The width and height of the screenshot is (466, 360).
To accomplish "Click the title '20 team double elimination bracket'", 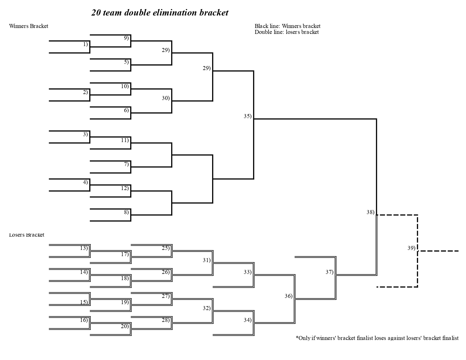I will click(x=160, y=13).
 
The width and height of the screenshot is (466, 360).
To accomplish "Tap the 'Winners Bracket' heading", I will click(x=29, y=26).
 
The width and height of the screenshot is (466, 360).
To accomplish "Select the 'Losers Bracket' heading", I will click(x=27, y=235).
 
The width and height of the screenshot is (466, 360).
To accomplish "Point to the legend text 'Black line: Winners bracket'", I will click(x=287, y=26).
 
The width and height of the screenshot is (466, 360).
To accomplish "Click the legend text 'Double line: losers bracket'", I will click(x=286, y=32).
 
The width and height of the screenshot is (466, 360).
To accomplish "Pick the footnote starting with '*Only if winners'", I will click(x=377, y=338).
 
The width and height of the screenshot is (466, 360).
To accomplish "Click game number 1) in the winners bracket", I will click(x=85, y=44).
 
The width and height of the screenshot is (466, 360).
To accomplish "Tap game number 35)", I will click(x=247, y=116).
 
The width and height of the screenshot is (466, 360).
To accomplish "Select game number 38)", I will click(x=370, y=212).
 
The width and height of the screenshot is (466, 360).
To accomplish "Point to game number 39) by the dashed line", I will click(x=411, y=248).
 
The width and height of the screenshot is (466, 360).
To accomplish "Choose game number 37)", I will click(x=329, y=272).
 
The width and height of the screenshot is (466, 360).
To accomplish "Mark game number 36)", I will click(x=288, y=296).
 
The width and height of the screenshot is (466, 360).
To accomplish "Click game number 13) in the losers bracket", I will click(x=84, y=248).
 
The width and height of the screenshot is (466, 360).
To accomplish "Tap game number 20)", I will click(x=125, y=326).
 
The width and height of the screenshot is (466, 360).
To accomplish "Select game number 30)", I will click(x=166, y=98).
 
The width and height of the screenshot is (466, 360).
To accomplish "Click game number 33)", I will click(x=247, y=272).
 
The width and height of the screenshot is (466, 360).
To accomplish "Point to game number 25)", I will click(x=166, y=248).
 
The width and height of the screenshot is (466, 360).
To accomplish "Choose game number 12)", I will click(x=125, y=188).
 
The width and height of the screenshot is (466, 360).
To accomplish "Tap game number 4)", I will click(x=85, y=182).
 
